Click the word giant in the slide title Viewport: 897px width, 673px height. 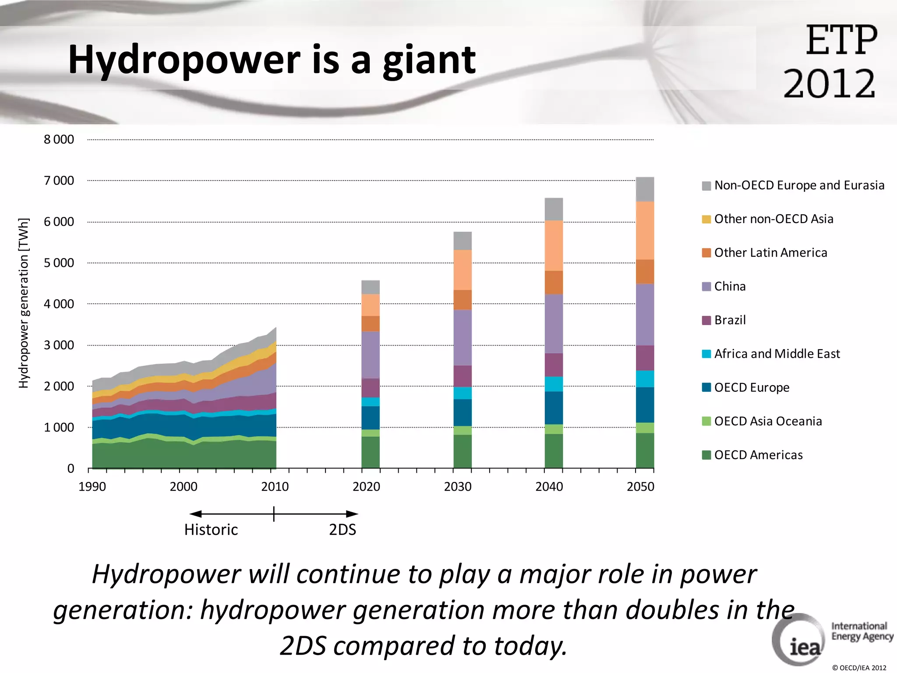click(x=429, y=61)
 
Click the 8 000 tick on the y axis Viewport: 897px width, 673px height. click(x=59, y=139)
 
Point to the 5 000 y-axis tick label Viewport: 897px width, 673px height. click(x=59, y=263)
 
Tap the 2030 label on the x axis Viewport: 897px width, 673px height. click(x=458, y=486)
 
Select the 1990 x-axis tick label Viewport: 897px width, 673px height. click(x=92, y=486)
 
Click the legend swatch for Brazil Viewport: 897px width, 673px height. click(x=706, y=320)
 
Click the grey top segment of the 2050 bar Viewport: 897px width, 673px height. click(x=645, y=189)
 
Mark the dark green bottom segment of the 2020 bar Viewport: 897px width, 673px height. click(x=371, y=452)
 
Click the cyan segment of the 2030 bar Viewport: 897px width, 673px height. click(x=463, y=393)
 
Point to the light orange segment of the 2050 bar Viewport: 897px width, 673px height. click(x=645, y=230)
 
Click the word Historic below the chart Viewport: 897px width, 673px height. click(x=211, y=530)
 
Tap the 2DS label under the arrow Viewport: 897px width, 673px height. click(x=343, y=530)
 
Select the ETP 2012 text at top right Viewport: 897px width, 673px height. click(x=830, y=61)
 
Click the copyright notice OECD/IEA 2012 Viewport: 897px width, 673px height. click(x=859, y=668)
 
